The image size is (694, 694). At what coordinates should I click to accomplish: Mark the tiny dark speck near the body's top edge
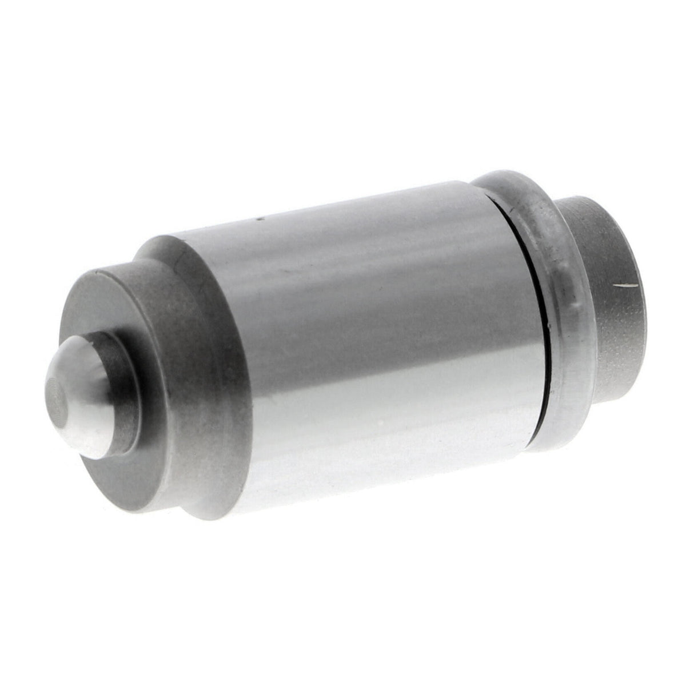[x=258, y=217]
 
